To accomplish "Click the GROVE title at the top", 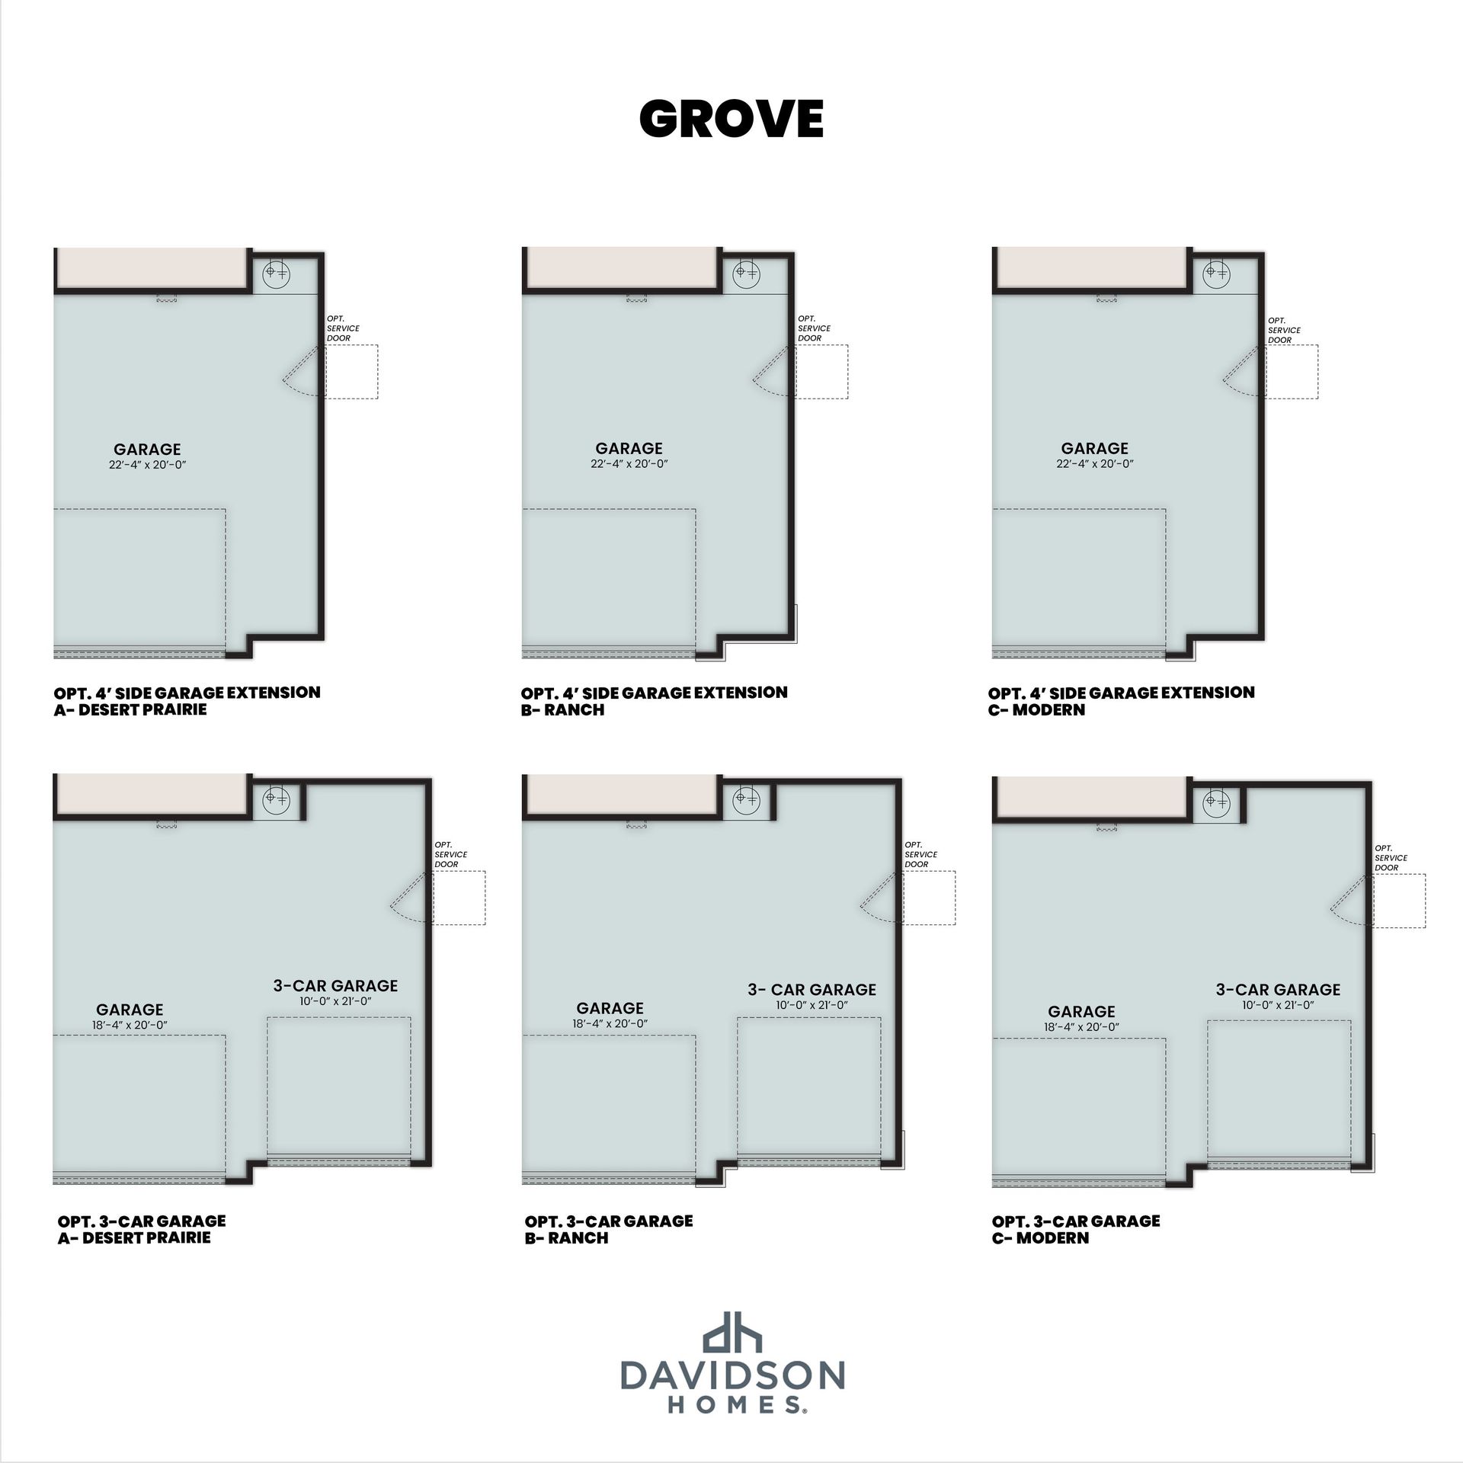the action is click(x=731, y=118).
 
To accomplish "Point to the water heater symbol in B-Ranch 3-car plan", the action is click(x=746, y=799).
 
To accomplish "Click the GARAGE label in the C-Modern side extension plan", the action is click(x=1094, y=448).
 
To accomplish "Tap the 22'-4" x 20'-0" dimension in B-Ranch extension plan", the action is click(x=629, y=463).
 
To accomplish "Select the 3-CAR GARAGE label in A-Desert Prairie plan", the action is click(x=335, y=985).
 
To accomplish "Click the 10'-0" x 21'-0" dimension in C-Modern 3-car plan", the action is click(x=1277, y=1005).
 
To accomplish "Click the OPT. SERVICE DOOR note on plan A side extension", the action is click(x=343, y=328).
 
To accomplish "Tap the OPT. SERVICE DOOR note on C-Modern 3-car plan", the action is click(x=1391, y=858).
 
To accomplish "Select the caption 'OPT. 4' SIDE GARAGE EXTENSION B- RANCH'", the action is click(x=654, y=701).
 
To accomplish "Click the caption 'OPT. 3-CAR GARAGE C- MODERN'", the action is click(x=1075, y=1229).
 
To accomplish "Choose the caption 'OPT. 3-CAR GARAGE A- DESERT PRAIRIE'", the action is click(x=142, y=1229).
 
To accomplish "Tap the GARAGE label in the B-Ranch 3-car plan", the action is click(x=610, y=1008).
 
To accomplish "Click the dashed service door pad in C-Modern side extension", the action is click(x=1292, y=372).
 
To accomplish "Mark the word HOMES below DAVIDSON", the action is click(x=732, y=1406).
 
